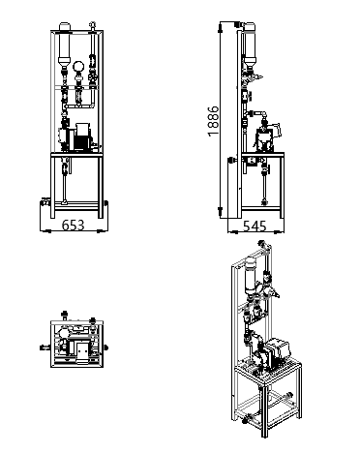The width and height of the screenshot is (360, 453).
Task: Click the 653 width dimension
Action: pos(73,226)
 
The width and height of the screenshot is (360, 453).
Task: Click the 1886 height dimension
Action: pos(213,121)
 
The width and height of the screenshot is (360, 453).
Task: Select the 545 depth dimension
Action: pos(255,226)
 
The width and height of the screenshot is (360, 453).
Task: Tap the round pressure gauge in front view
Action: pos(78,66)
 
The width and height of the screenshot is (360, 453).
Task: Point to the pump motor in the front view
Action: pos(82,136)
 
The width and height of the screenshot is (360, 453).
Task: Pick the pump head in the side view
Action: pos(265,139)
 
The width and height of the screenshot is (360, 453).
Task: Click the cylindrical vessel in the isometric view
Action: pos(251,275)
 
